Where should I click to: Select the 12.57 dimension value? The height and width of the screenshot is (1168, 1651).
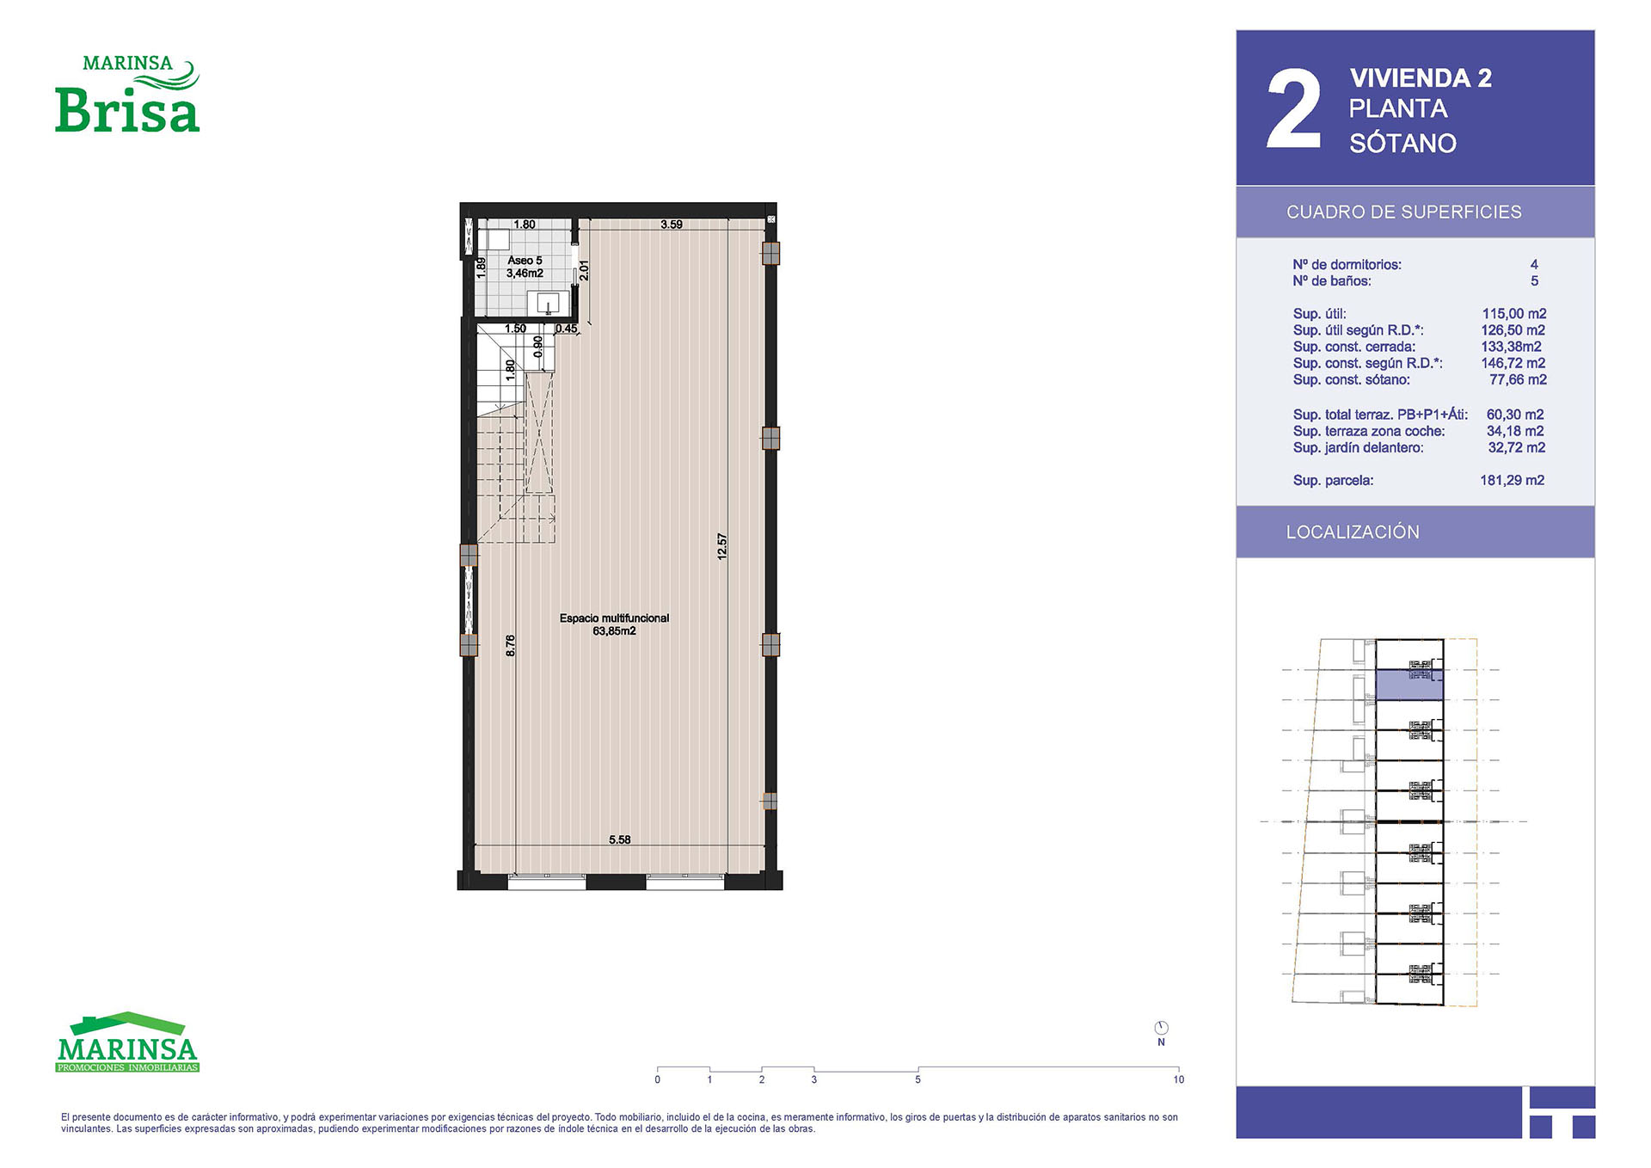722,547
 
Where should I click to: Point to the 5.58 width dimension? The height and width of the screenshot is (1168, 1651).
620,839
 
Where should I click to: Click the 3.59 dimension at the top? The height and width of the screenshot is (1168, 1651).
672,224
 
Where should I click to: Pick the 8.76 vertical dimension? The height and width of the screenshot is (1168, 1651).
511,646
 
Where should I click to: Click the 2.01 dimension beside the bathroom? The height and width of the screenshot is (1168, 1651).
584,270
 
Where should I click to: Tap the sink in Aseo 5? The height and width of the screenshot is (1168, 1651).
548,303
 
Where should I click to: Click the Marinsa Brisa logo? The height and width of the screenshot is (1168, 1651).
127,94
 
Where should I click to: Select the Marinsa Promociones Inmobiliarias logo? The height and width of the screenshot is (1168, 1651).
127,1042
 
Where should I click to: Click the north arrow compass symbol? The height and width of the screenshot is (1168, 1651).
1161,1028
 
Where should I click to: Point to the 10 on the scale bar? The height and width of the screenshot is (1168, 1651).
1178,1079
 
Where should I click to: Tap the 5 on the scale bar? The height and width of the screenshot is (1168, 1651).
918,1079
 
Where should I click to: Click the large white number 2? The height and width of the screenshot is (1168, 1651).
1293,109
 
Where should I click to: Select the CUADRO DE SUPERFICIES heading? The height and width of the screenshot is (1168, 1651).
1403,212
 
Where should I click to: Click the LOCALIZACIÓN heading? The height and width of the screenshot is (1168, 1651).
1353,532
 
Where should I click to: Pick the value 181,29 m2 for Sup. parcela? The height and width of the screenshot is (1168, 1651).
1512,481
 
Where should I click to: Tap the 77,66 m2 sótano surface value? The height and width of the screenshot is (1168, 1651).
1518,380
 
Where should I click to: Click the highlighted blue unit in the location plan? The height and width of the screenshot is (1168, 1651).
1409,685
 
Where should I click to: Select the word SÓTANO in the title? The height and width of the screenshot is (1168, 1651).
1402,143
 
